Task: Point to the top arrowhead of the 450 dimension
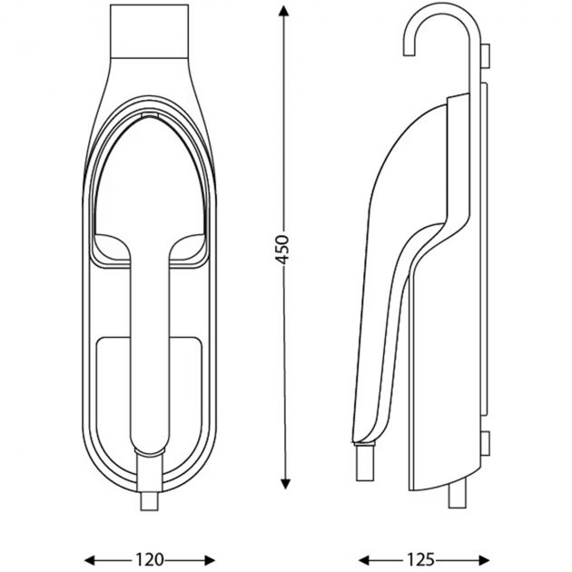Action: point(284,11)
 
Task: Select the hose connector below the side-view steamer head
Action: point(364,463)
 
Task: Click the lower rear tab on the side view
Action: point(488,444)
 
